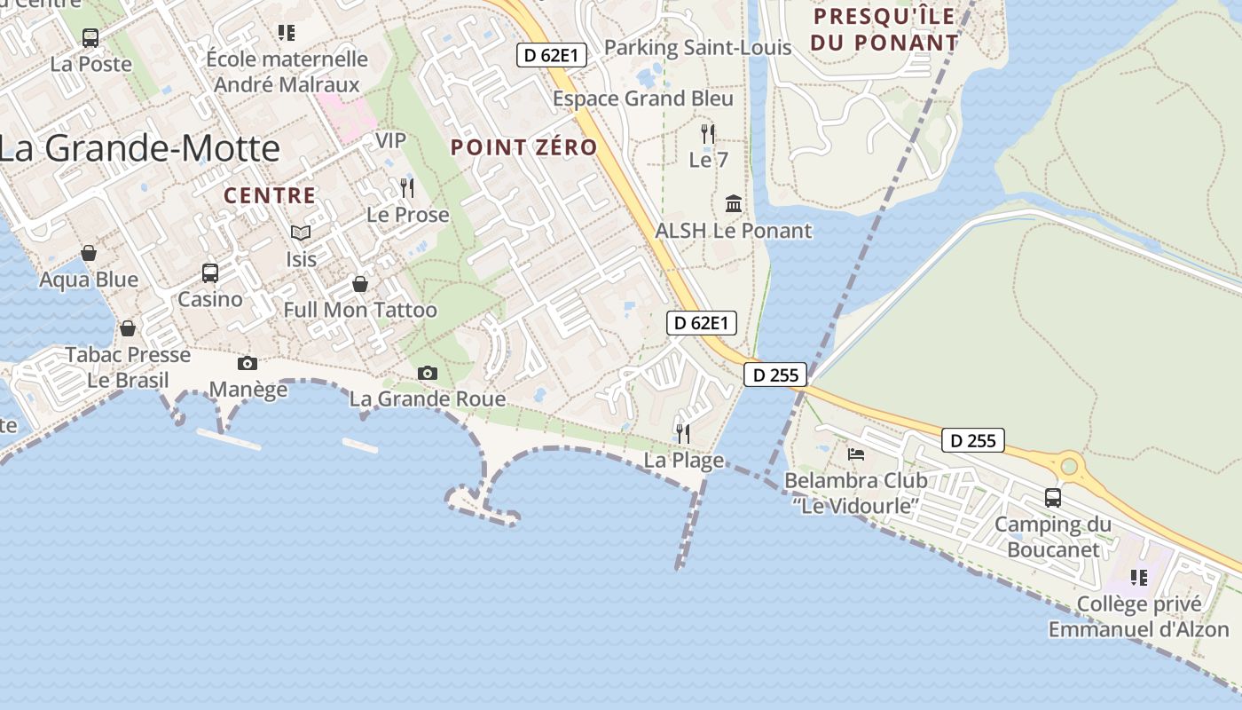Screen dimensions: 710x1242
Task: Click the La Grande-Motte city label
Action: (139, 147)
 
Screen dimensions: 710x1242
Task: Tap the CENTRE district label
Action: (270, 196)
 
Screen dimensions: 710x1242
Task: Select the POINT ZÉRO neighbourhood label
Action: (524, 147)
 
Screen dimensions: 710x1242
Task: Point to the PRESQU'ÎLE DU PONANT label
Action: (884, 29)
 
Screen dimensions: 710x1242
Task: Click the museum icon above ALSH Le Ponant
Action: (734, 204)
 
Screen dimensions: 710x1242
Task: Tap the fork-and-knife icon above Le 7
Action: (708, 134)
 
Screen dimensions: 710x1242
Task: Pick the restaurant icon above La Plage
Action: (683, 433)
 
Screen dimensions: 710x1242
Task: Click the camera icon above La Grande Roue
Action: (428, 373)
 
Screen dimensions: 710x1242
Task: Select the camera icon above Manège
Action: (248, 363)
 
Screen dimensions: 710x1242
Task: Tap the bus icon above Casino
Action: (210, 272)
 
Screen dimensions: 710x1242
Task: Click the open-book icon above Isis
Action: (301, 233)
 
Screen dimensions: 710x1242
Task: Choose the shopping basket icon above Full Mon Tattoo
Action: (360, 284)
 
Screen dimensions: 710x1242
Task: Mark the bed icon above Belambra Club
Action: (856, 454)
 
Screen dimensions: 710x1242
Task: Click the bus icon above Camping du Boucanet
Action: (1053, 497)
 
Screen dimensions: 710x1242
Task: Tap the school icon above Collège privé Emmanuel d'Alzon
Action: (1139, 578)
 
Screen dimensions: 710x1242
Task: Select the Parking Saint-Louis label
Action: (697, 47)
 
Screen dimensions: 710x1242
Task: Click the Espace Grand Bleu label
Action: (643, 99)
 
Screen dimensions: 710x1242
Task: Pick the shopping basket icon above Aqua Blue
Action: (89, 254)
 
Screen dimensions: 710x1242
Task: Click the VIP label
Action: (390, 140)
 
